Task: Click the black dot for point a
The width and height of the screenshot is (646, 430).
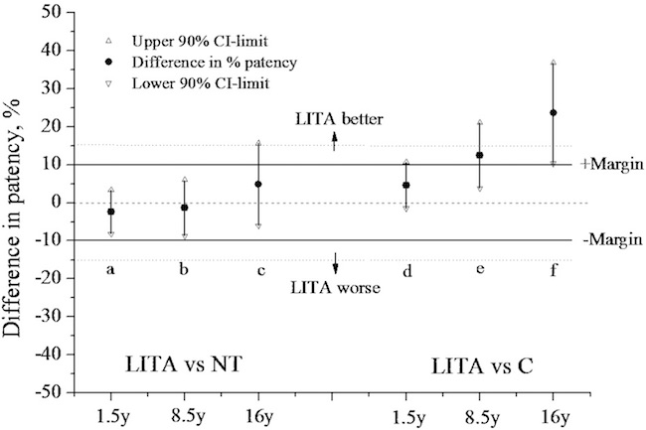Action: pos(111,212)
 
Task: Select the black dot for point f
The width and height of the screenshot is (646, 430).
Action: pos(554,113)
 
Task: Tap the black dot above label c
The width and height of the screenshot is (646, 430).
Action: pos(258,184)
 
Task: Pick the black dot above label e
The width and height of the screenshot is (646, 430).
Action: pos(480,155)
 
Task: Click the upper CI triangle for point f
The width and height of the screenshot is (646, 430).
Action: pos(554,63)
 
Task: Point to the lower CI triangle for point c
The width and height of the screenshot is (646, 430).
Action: pos(258,226)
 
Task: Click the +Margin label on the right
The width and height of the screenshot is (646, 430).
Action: pos(609,164)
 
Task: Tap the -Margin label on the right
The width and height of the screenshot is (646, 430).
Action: pos(609,239)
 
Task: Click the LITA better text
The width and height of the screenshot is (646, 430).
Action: pos(334,119)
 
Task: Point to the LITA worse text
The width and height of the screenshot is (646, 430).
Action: pos(334,288)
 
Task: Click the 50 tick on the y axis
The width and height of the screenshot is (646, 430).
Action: pos(55,13)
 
